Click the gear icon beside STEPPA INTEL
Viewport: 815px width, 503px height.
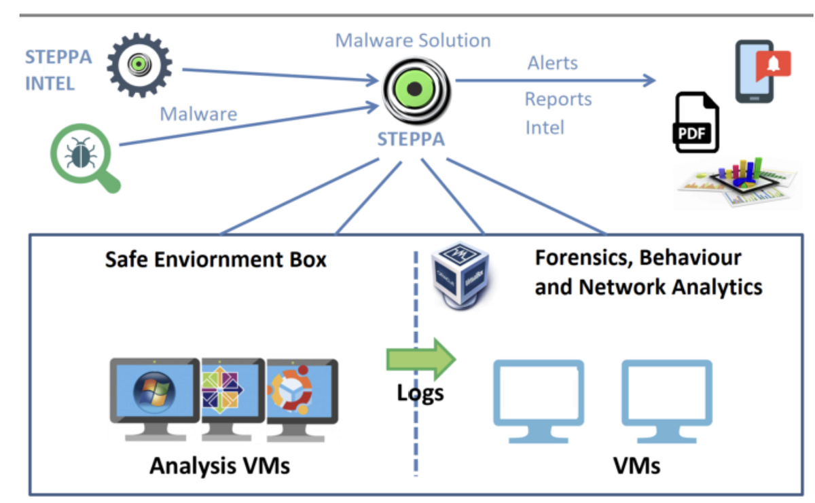140,65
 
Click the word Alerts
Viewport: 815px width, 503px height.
553,63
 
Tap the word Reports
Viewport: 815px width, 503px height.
558,99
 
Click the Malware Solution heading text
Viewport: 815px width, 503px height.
413,40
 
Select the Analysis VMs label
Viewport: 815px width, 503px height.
219,466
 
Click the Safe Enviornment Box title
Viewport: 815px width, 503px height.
216,259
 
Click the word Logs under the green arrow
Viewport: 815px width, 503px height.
420,392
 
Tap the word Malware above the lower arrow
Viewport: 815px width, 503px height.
198,113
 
